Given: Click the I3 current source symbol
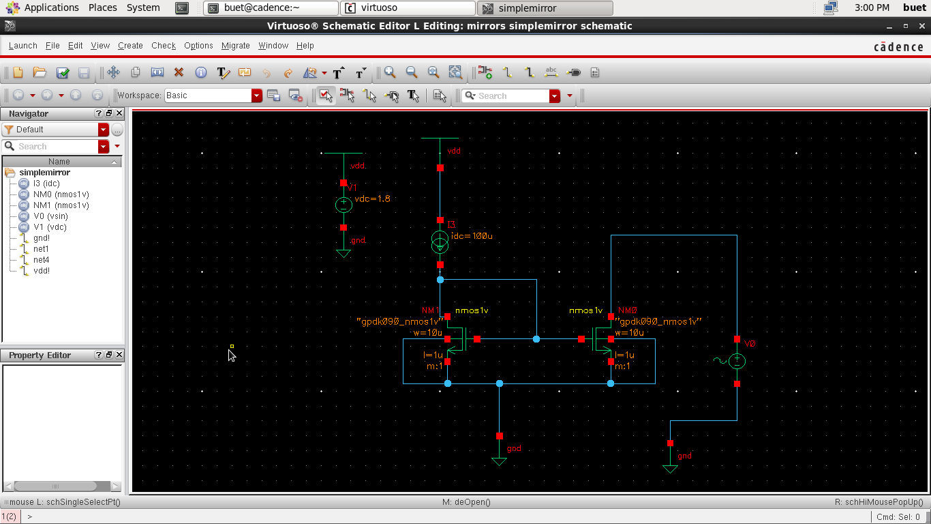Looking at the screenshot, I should coord(440,242).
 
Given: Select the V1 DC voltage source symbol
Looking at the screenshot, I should coord(344,205).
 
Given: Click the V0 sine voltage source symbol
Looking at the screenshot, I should coord(737,361).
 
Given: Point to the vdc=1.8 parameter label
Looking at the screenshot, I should coord(372,199).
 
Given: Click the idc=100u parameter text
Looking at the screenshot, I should coord(472,236).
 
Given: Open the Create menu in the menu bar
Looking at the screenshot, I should coord(130,46).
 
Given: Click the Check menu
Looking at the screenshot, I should coord(164,46).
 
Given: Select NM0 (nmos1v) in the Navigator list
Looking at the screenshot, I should coord(61,194).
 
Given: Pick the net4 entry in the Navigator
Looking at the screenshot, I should coord(41,260).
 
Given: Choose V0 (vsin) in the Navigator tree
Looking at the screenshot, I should coord(50,216).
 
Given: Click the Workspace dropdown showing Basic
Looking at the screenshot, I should coord(213,96).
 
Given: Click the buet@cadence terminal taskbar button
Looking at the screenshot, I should coord(271,8).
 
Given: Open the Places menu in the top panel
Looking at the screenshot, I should coord(103,8).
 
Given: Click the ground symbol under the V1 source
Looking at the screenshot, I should coord(344,253).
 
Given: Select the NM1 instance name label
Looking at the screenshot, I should coord(431,310).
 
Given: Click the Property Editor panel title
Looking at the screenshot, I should coord(40,355).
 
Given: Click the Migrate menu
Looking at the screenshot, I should coord(236,46).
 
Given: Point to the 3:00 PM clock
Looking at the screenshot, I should coord(872,8).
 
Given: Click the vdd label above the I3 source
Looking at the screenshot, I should coord(454,151).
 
